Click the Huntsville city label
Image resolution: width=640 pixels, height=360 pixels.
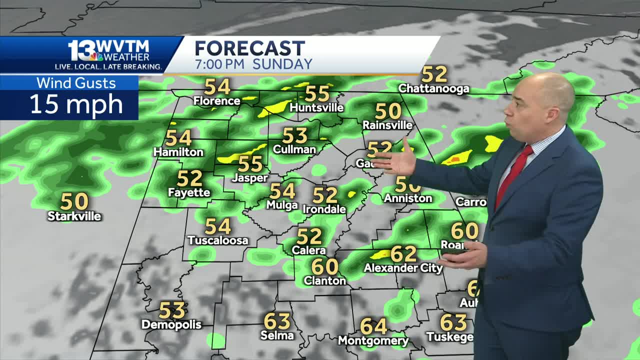[x=316, y=108]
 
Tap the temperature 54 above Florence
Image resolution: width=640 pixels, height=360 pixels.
[x=217, y=87]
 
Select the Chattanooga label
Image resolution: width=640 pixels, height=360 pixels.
[x=433, y=89]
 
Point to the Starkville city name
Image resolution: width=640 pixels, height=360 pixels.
[x=74, y=216]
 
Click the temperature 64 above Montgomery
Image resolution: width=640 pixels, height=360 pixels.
[x=373, y=326]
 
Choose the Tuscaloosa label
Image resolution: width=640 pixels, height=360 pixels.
[x=218, y=240]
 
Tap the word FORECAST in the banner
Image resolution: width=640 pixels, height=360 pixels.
[x=249, y=48]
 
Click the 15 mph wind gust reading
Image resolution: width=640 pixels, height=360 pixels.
[x=76, y=104]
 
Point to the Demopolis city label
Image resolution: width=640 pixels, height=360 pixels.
[x=171, y=325]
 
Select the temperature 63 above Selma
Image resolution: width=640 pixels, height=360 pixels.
[x=277, y=321]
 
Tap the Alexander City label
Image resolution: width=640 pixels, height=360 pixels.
[x=403, y=268]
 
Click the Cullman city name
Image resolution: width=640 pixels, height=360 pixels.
[x=294, y=149]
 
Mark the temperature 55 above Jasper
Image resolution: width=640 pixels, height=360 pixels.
[x=250, y=164]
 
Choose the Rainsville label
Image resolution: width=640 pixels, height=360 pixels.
[x=387, y=125]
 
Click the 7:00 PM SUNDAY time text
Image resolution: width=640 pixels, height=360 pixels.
[x=253, y=64]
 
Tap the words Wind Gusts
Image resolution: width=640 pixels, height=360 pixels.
[x=76, y=83]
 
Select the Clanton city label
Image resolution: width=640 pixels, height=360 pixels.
[x=324, y=281]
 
